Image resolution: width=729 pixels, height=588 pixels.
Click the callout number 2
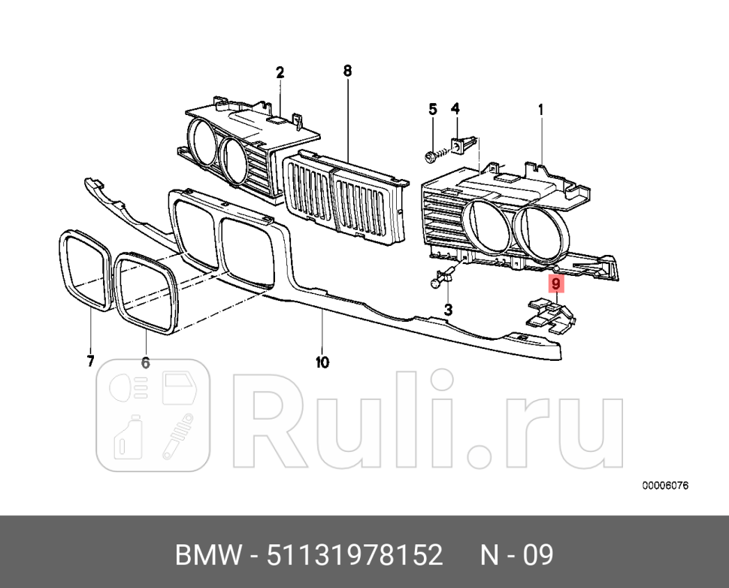[280, 73]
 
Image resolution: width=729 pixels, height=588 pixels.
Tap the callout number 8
[347, 71]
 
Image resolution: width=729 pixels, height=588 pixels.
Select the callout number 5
[433, 109]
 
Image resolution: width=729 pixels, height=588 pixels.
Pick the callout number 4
[455, 109]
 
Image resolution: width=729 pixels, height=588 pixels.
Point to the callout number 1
[540, 110]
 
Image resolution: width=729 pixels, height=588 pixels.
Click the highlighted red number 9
[555, 284]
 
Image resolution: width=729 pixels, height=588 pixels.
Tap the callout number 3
[448, 310]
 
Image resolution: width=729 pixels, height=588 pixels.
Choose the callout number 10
[322, 362]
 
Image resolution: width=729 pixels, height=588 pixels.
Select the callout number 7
[90, 362]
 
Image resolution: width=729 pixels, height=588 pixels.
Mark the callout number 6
[145, 363]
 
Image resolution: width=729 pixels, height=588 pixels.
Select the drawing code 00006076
[665, 486]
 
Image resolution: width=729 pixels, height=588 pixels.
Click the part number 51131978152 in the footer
[356, 556]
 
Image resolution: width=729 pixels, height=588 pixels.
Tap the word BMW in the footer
[204, 556]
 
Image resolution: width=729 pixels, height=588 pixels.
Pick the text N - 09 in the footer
[517, 556]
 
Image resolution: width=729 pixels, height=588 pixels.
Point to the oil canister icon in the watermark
[123, 438]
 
